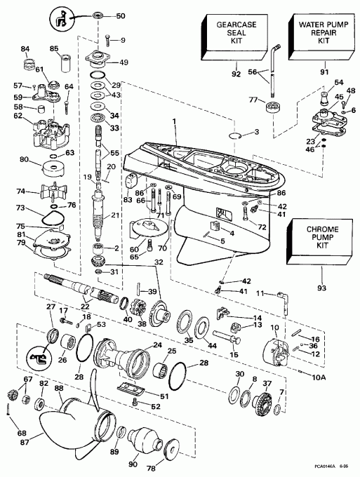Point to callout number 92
(x=235, y=72)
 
